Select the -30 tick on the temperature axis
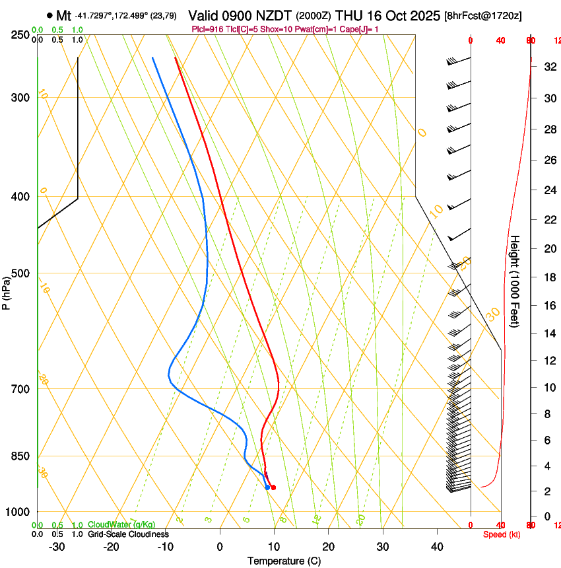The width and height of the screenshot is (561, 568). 57,546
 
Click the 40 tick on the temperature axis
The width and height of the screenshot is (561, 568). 437,546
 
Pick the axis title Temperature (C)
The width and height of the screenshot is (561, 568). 284,561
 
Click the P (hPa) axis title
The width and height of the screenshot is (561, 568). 6,289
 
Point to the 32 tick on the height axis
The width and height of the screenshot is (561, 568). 548,66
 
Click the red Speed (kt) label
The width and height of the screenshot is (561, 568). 502,534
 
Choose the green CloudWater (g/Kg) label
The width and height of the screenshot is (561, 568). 121,525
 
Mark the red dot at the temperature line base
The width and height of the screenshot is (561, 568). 273,487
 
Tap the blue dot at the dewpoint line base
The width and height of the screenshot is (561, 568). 267,487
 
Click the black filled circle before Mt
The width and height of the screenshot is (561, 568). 49,15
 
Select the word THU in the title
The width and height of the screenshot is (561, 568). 349,15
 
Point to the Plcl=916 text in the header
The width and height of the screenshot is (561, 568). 207,29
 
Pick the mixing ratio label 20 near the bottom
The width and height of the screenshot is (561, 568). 361,520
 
